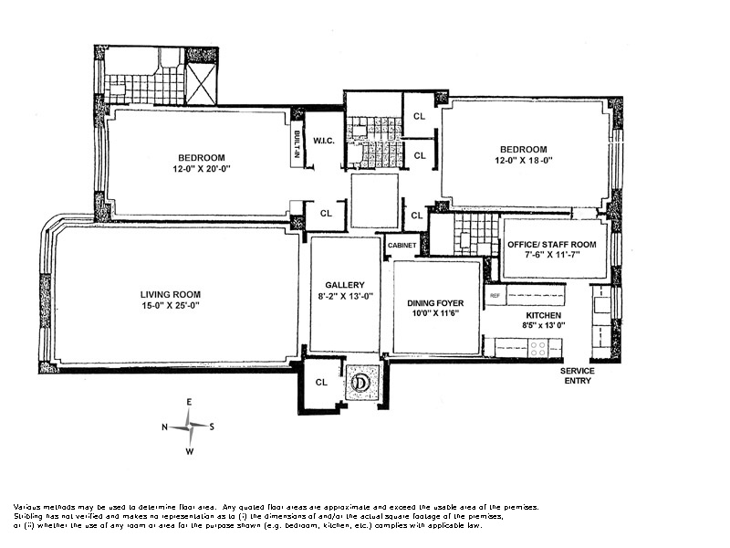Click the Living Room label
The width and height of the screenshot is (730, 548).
pyautogui.click(x=171, y=294)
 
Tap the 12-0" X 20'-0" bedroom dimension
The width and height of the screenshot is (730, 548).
pyautogui.click(x=202, y=169)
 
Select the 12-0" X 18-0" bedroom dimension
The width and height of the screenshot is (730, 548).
pyautogui.click(x=523, y=161)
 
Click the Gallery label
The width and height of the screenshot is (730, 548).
pyautogui.click(x=345, y=285)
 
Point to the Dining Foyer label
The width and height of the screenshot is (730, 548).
pyautogui.click(x=435, y=303)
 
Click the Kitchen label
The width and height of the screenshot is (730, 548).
pyautogui.click(x=543, y=315)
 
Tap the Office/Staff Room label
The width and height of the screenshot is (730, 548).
pyautogui.click(x=552, y=245)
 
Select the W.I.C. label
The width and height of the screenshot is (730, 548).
pyautogui.click(x=324, y=141)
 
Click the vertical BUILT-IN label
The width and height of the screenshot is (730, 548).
pyautogui.click(x=297, y=145)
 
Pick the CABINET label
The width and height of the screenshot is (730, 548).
pyautogui.click(x=401, y=245)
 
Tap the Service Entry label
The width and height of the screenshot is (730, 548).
pyautogui.click(x=578, y=375)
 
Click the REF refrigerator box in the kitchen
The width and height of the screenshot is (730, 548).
pyautogui.click(x=495, y=295)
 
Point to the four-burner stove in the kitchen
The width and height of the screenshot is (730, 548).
pyautogui.click(x=538, y=349)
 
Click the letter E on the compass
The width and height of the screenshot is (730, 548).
pyautogui.click(x=189, y=402)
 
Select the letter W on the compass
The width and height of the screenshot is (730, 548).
pyautogui.click(x=190, y=451)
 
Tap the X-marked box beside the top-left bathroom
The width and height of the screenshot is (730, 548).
pyautogui.click(x=201, y=84)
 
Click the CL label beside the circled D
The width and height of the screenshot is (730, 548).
pyautogui.click(x=321, y=383)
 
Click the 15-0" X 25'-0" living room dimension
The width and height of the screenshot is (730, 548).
pyautogui.click(x=171, y=306)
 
